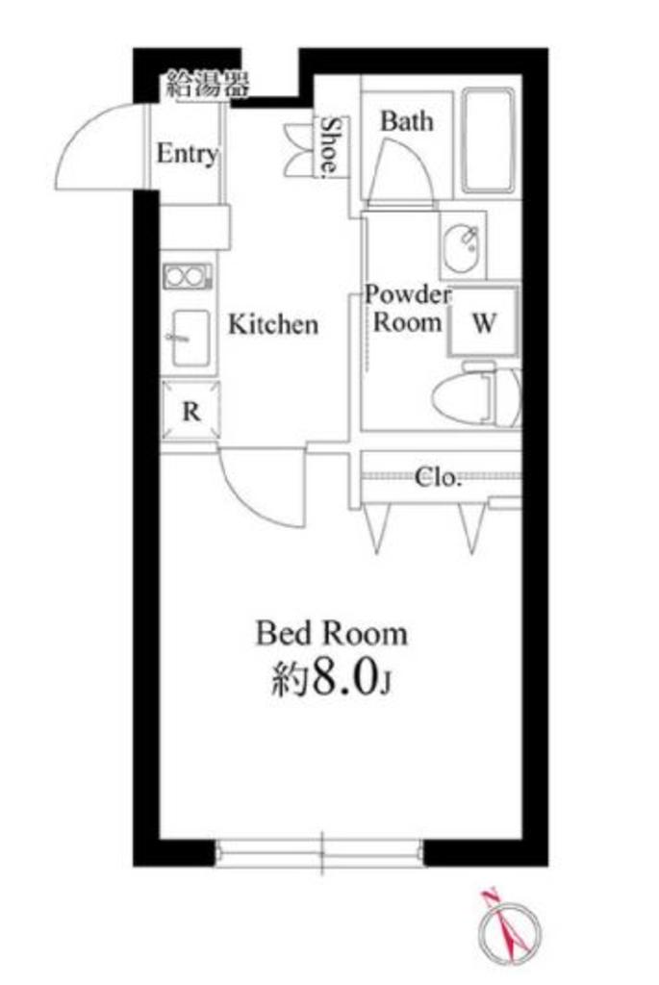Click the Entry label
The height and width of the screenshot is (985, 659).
tap(188, 153)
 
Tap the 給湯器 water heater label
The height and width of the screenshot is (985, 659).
tap(208, 85)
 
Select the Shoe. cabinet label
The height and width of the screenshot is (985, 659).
tap(330, 146)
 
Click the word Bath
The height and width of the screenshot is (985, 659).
tap(406, 120)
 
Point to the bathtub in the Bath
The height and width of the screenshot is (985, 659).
tap(488, 140)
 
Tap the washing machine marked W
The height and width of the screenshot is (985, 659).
tap(484, 321)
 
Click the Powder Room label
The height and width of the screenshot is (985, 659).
tap(408, 308)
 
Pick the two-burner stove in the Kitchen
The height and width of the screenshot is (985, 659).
tap(188, 276)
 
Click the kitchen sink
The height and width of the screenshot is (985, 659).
tap(190, 338)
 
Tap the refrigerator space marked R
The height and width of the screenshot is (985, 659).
tap(191, 411)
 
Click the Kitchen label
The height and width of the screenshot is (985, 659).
tap(273, 324)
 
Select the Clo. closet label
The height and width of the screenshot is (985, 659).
tap(438, 477)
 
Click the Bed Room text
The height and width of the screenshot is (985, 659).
tap(331, 633)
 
